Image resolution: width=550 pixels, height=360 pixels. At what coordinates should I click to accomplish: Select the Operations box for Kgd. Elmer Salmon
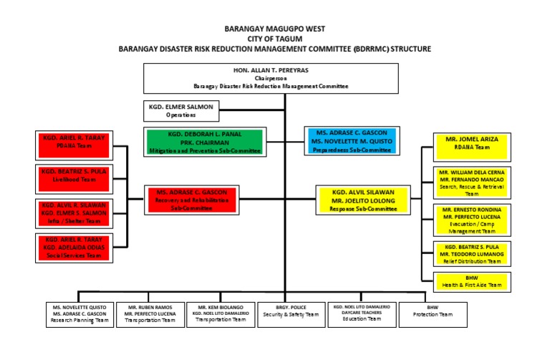(180, 111)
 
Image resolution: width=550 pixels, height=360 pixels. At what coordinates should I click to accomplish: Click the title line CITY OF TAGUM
(275, 39)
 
